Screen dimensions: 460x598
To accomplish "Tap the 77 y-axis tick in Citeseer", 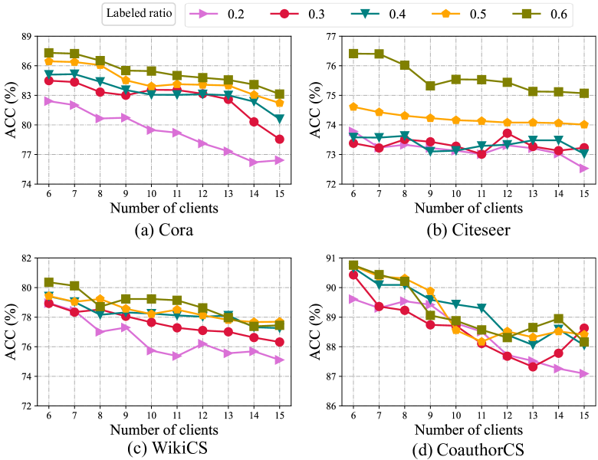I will click(327, 36).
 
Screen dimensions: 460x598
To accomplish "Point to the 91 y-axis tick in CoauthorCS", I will click(327, 258).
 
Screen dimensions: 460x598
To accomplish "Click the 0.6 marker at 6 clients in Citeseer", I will click(354, 54).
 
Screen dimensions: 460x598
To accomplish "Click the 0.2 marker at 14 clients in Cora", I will click(254, 162).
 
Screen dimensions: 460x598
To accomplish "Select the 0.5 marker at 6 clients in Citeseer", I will click(354, 107).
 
